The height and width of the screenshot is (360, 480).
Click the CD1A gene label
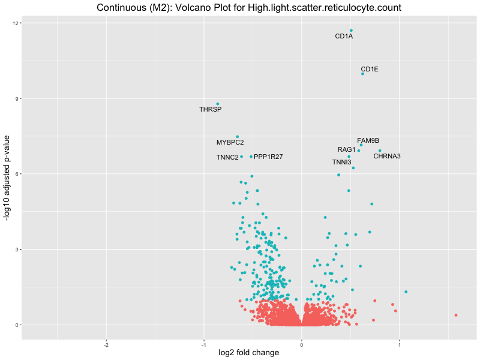(344, 37)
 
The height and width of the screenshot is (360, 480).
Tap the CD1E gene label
(370, 69)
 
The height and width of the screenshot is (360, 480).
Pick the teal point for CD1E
(362, 74)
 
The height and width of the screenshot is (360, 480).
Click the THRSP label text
(210, 110)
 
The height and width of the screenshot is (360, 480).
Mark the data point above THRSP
(218, 104)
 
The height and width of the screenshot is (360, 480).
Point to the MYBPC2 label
(230, 143)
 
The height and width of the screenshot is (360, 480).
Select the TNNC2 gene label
(227, 158)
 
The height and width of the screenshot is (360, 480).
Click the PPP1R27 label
(268, 157)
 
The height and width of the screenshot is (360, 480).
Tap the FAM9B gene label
(368, 141)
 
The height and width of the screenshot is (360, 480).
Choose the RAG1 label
(347, 149)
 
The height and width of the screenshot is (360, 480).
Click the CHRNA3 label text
(387, 157)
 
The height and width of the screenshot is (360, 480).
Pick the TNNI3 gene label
(342, 163)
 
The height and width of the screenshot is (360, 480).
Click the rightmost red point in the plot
(456, 315)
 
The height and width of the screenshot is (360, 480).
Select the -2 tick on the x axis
(106, 344)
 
